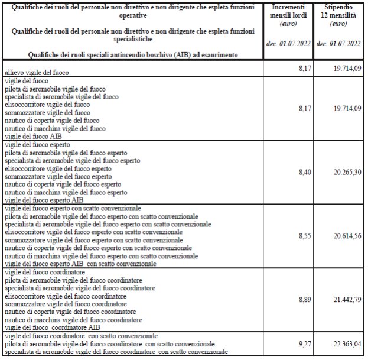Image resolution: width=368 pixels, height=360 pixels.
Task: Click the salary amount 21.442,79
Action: click(344, 300)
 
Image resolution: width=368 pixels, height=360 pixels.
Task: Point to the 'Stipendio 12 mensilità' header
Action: click(338, 12)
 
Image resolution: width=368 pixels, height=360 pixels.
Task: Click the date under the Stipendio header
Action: click(338, 44)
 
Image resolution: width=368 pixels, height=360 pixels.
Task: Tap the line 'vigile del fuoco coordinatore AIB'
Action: click(53, 327)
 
